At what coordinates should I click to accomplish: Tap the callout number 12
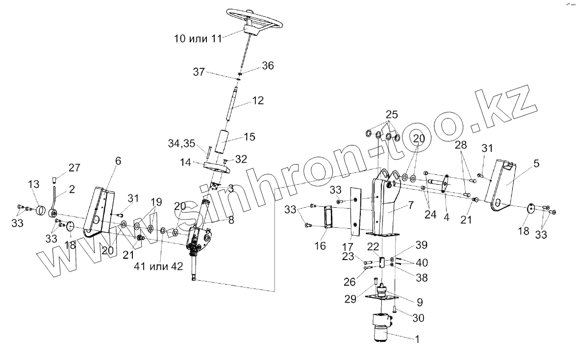point(258,100)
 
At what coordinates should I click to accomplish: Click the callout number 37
point(199,72)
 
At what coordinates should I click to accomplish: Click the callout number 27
point(74,168)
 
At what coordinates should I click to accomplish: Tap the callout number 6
point(118,160)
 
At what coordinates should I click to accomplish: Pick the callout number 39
point(422,244)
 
